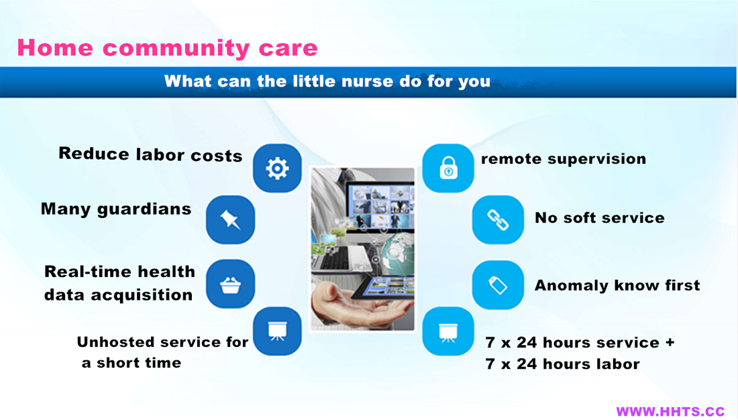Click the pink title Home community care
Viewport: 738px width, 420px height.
coord(167,48)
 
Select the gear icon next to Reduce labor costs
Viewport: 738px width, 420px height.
coord(277,168)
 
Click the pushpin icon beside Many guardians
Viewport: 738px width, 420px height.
coord(230,220)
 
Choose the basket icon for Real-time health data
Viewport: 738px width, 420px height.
coord(230,284)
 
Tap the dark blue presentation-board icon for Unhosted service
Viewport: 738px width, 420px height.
coord(277,331)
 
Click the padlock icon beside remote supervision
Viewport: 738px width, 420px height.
coord(448,168)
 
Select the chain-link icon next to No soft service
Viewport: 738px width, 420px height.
coord(498,220)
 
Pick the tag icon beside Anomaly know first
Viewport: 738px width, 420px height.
coord(498,285)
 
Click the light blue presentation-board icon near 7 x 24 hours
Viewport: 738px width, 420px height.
coord(448,331)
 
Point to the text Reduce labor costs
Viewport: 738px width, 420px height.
coord(150,154)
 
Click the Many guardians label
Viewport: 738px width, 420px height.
coord(116,209)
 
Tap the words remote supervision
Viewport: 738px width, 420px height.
coord(564,159)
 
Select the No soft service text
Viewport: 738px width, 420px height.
coord(600,217)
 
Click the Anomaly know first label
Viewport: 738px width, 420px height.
coord(617,285)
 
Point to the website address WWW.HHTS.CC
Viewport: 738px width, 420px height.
coord(670,411)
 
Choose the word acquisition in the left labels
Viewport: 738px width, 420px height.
coord(142,295)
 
